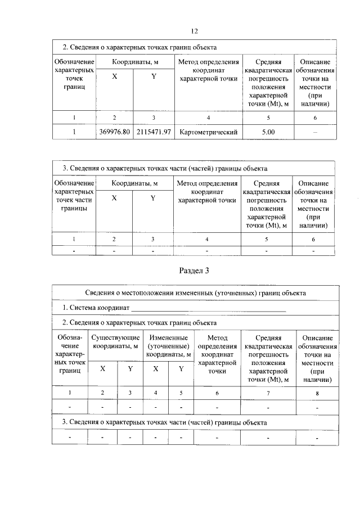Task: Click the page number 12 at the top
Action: (194, 30)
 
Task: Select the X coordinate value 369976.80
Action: (115, 132)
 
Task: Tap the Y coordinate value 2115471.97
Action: (154, 132)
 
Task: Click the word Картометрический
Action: (208, 132)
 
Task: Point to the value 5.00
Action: (268, 132)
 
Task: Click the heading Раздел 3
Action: (194, 271)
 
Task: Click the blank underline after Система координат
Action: (208, 309)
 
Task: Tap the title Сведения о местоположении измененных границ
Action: (196, 293)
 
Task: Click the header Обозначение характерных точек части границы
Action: (74, 196)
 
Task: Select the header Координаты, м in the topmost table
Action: (134, 62)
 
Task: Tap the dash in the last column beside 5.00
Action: (315, 132)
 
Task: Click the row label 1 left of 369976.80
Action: (74, 132)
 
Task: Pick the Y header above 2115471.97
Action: (154, 77)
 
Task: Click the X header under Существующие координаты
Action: (102, 369)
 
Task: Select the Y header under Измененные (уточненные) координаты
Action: (181, 369)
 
